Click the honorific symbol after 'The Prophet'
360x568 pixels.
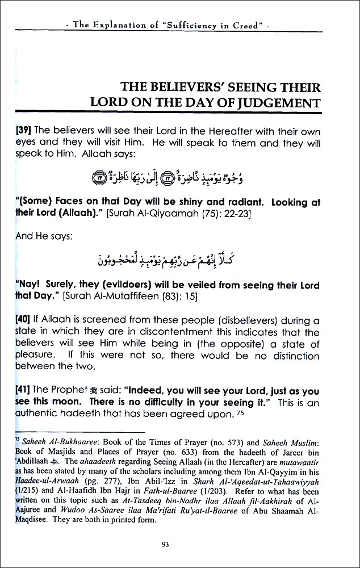tap(87, 392)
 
